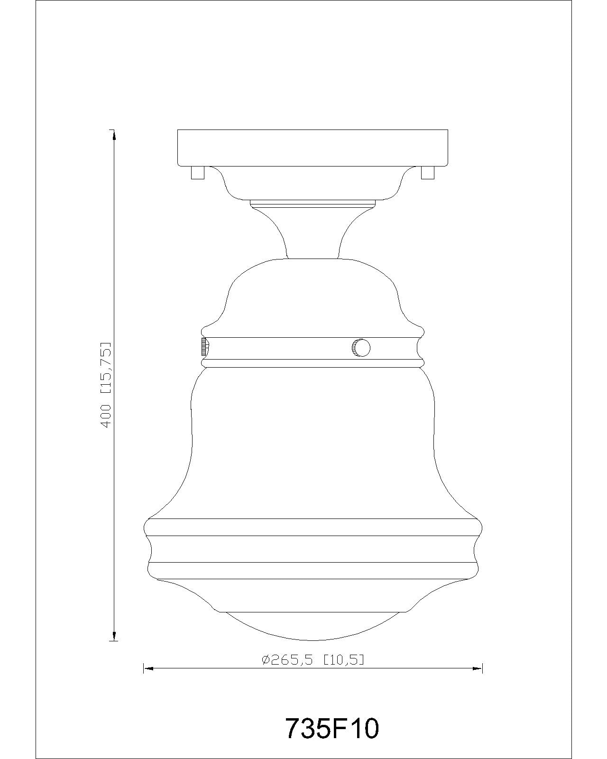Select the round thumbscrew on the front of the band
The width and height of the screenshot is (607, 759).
pyautogui.click(x=361, y=348)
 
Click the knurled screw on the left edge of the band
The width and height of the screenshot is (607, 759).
pyautogui.click(x=203, y=347)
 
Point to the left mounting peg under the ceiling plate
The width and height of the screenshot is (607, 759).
pyautogui.click(x=197, y=172)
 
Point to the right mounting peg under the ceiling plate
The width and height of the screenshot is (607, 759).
pyautogui.click(x=427, y=172)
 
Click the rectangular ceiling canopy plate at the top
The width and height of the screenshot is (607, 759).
pyautogui.click(x=313, y=148)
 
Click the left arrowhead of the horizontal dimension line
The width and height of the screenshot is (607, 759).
pyautogui.click(x=148, y=669)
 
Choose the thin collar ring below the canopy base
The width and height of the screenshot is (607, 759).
pyautogui.click(x=313, y=203)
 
